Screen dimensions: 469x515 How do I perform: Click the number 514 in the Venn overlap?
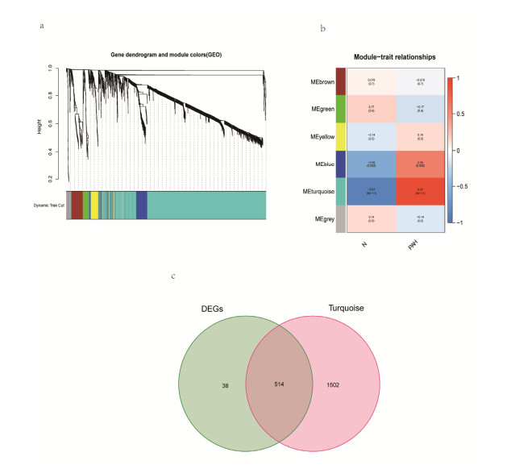pos(279,386)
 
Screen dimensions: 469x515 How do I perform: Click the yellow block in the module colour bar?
pos(94,205)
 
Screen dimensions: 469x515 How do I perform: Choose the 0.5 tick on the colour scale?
pos(462,114)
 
